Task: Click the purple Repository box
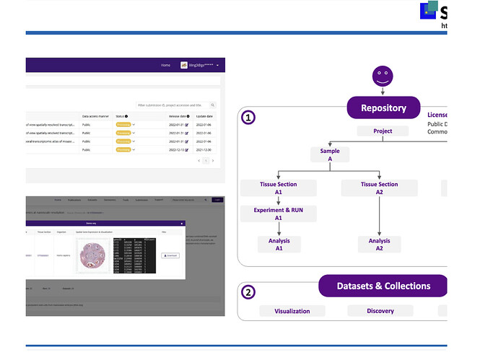pos(383,107)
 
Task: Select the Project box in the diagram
pos(383,131)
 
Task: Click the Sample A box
pos(329,155)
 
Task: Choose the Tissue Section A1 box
pos(279,188)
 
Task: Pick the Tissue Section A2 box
pos(379,188)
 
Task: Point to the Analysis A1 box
pos(279,245)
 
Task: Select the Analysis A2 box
pos(379,245)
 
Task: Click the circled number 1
pos(248,117)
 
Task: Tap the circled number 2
pos(248,292)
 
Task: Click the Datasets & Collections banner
pos(383,286)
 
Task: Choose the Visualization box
pos(292,311)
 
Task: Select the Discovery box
pos(380,311)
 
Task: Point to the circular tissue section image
pos(95,255)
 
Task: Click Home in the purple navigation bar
pos(165,65)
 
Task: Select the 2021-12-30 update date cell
pos(204,150)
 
